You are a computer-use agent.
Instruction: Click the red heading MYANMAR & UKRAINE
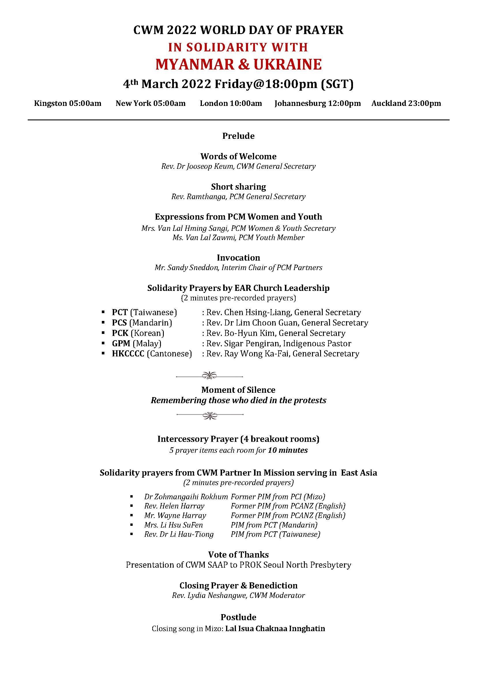click(x=238, y=64)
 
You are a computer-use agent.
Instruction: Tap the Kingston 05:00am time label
click(x=67, y=104)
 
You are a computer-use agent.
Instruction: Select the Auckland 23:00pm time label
click(x=406, y=104)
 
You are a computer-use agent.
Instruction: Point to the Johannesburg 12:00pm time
click(x=318, y=104)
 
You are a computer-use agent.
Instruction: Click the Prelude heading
click(x=238, y=136)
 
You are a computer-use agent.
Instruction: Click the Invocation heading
click(x=238, y=258)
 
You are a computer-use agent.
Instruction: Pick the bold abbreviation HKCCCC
click(x=128, y=354)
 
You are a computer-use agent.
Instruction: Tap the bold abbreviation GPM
click(x=121, y=343)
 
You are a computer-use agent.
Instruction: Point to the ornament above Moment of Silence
click(x=209, y=375)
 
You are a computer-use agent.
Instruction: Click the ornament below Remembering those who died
click(x=209, y=415)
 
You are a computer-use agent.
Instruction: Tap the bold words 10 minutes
click(x=288, y=450)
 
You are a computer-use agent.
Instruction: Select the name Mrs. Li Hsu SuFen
click(x=173, y=525)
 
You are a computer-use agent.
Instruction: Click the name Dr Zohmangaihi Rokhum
click(x=186, y=497)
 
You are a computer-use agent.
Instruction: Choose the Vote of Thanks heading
click(x=238, y=555)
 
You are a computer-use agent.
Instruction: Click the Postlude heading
click(x=238, y=617)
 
